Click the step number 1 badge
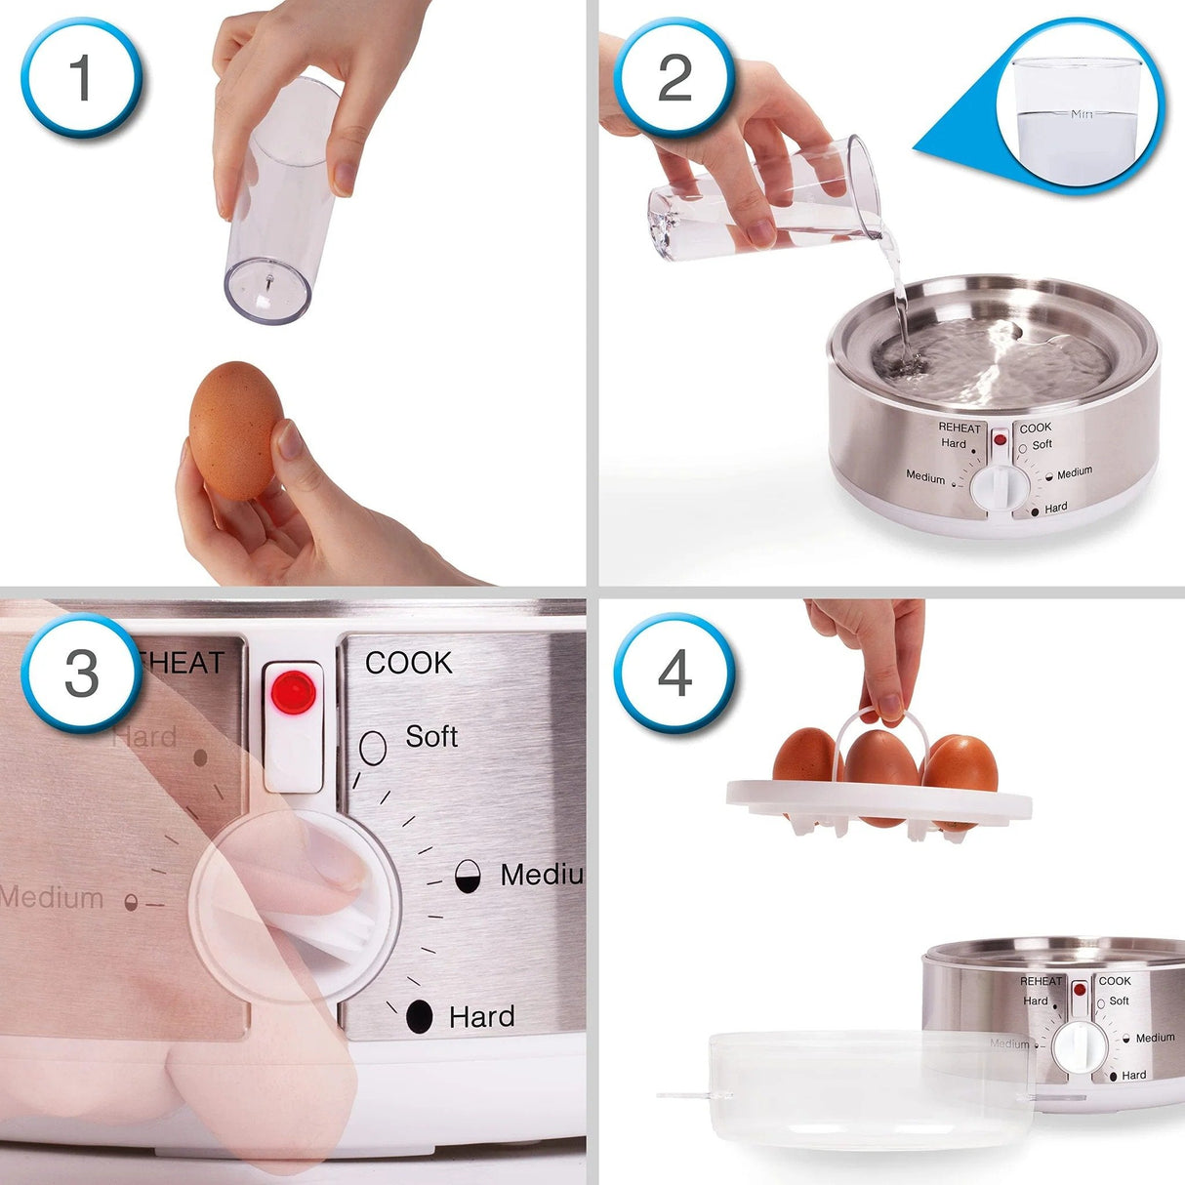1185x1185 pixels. click(x=81, y=78)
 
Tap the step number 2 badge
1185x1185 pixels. click(x=674, y=78)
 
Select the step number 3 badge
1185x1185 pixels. click(x=81, y=674)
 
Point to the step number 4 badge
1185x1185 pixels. click(x=674, y=674)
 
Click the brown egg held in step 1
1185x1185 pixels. click(x=235, y=430)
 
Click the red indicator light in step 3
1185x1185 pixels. click(x=293, y=693)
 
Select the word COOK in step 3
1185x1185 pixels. click(x=409, y=664)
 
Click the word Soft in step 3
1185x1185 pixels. click(x=431, y=736)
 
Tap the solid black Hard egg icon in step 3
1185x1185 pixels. click(x=420, y=1017)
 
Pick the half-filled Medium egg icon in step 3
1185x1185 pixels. click(x=469, y=876)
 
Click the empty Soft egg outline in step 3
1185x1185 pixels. click(x=373, y=747)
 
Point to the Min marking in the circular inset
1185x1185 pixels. click(x=1082, y=114)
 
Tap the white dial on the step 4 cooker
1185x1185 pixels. click(x=1079, y=1047)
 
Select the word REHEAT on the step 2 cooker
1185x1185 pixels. click(x=960, y=428)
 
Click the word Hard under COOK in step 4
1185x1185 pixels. click(x=1134, y=1075)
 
